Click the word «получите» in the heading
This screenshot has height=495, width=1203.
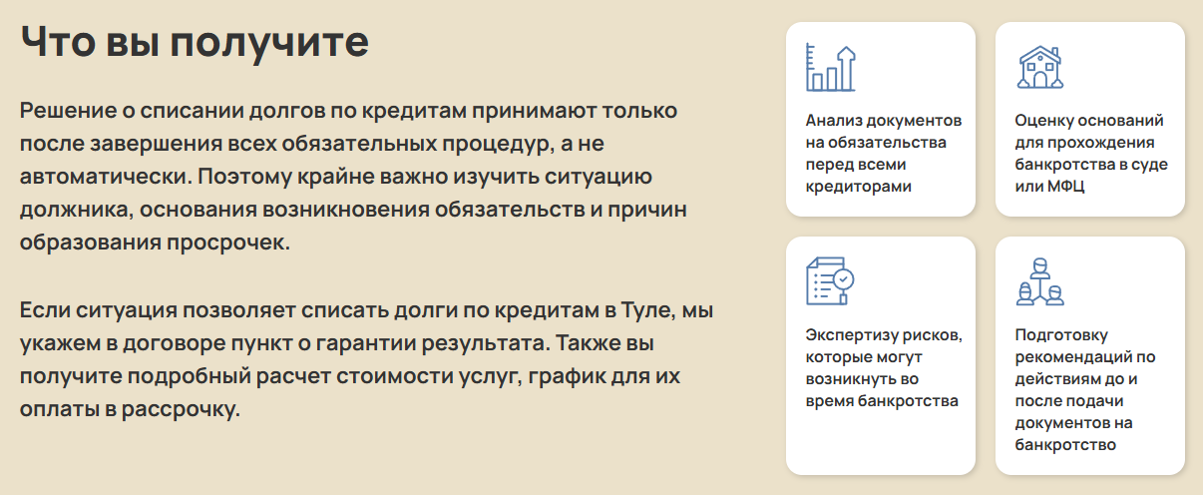tap(269, 44)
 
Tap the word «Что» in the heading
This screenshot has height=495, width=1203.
tap(58, 41)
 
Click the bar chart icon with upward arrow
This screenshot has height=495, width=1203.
tap(830, 68)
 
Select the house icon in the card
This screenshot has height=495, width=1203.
tap(1040, 67)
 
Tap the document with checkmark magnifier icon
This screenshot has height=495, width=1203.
tap(830, 281)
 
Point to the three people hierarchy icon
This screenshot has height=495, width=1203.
tap(1039, 281)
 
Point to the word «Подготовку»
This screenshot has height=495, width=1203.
tap(1061, 336)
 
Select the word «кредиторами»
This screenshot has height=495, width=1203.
tap(858, 187)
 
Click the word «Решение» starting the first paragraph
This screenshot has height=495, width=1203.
tap(68, 111)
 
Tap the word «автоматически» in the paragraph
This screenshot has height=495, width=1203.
tap(106, 177)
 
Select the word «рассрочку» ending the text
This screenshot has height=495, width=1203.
tap(181, 409)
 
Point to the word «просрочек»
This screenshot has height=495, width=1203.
tap(228, 243)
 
